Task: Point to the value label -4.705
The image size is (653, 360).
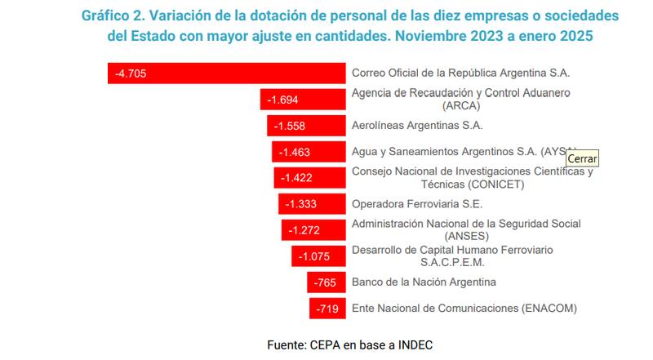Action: coord(130,73)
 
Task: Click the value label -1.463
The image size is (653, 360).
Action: coord(294,152)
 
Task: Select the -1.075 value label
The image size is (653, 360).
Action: coord(313,256)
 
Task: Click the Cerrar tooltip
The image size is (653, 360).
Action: coord(582,158)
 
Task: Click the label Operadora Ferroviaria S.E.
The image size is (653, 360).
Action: coord(416,204)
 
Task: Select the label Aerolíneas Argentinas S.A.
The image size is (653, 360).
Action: coord(417,126)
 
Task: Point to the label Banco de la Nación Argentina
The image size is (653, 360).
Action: coord(424,282)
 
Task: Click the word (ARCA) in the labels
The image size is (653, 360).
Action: coord(460,105)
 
